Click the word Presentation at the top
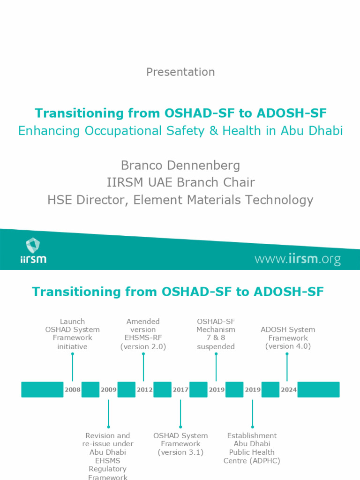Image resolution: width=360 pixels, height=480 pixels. [180, 72]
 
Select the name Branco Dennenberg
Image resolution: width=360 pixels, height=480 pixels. [180, 165]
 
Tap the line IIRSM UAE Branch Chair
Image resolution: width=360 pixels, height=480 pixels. [180, 182]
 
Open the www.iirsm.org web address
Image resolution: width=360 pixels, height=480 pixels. [297, 259]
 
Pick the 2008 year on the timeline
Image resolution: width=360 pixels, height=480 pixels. [73, 390]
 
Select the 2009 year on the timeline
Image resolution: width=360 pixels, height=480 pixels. [108, 390]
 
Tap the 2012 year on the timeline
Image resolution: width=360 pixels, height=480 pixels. [144, 390]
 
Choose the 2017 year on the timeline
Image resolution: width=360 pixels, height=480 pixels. [180, 390]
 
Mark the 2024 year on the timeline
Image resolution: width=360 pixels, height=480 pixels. [288, 390]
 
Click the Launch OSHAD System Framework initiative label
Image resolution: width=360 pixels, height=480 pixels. [72, 334]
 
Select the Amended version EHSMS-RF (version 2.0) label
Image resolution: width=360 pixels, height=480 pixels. [143, 334]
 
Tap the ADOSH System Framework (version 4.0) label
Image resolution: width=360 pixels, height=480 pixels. [288, 337]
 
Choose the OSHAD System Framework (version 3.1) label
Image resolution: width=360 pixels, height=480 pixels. [180, 443]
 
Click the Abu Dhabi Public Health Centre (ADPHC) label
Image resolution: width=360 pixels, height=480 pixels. [252, 448]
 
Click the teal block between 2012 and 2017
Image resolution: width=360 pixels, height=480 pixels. [162, 390]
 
